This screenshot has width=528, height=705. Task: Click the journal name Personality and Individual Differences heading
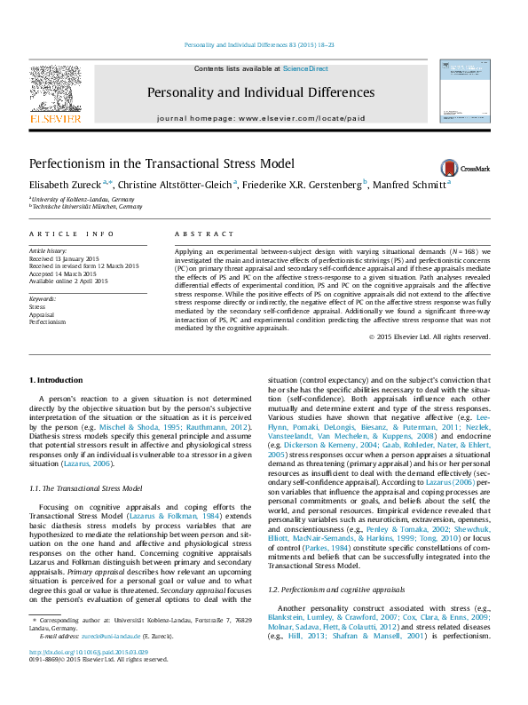tap(260, 92)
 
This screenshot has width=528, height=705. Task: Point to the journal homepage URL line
tap(259, 117)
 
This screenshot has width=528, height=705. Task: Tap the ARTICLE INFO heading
tap(71, 234)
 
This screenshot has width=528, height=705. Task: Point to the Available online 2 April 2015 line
tap(68, 281)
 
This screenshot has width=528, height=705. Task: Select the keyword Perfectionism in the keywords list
tap(48, 322)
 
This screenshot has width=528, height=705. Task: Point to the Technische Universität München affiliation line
tap(87, 206)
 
